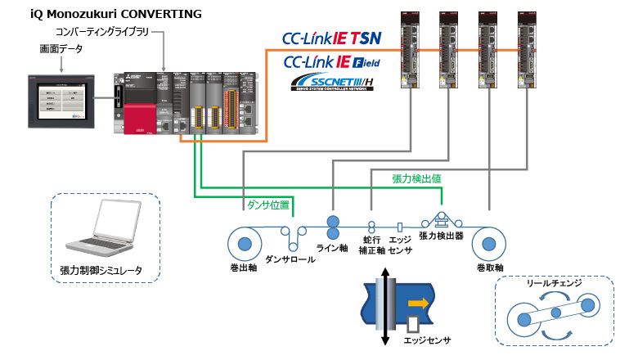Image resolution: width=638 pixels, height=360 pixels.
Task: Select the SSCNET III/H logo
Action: [330, 83]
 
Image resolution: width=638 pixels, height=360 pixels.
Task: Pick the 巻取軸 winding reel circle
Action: [489, 244]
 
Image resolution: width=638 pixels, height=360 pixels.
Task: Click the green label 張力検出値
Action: [417, 178]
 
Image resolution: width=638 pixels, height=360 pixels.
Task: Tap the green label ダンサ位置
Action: [267, 205]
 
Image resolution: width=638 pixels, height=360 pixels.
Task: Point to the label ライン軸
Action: [332, 248]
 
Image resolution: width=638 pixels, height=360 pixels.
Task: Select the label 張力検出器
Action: [441, 236]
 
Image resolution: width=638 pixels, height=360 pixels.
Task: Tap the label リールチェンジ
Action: [554, 283]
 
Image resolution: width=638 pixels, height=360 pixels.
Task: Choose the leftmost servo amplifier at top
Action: [410, 48]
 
